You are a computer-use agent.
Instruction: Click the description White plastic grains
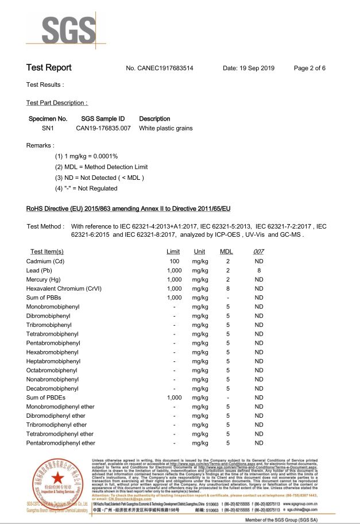click(x=165, y=128)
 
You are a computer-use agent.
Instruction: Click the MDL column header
click(x=226, y=252)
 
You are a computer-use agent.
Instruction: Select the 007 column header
click(x=258, y=252)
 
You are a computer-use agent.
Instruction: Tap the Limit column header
click(x=173, y=252)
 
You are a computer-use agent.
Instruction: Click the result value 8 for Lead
click(x=259, y=270)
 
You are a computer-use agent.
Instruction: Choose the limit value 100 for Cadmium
click(x=173, y=261)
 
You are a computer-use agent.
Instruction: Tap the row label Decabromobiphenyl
click(x=52, y=388)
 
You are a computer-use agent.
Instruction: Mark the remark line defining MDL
click(x=101, y=167)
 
